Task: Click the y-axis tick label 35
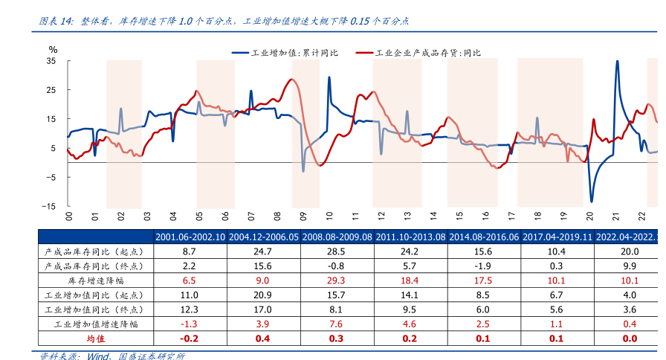52,61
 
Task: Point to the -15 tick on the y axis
50,206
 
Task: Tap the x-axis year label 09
303,216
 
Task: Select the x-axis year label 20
590,216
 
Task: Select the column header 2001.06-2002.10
190,237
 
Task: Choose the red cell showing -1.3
190,324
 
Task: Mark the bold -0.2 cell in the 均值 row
190,338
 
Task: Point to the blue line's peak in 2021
617,62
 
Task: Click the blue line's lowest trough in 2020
592,201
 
